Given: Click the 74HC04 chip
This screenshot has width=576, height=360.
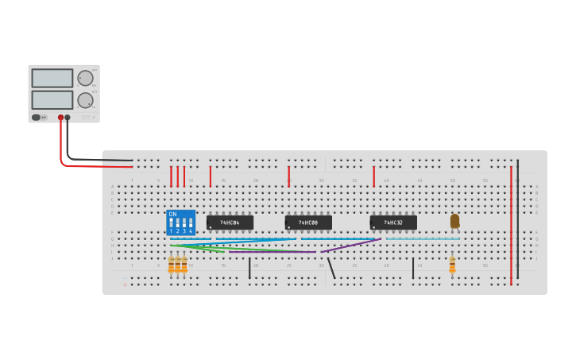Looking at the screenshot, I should (230, 223).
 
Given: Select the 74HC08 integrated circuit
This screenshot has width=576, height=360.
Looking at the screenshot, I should (308, 223).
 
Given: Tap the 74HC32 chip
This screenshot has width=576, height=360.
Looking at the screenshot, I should (393, 223).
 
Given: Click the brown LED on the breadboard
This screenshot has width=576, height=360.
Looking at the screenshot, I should (454, 221).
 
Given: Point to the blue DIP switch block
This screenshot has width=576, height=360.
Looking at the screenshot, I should (181, 222).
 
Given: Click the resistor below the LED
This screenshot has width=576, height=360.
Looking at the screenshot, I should (452, 265).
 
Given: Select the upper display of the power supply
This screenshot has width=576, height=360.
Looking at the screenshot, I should (52, 78).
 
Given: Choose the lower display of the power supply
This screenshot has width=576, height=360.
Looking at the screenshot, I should (52, 100).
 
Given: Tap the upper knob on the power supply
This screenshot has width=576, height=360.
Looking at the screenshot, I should (84, 78).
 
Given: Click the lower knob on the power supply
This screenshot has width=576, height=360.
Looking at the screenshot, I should (84, 100).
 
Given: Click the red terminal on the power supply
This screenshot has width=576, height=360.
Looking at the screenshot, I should (60, 118).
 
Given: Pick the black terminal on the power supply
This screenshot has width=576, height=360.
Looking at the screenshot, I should (68, 118).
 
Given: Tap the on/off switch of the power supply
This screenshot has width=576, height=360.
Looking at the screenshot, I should (36, 118).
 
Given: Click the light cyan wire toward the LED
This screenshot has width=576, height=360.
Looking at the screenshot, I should (421, 238).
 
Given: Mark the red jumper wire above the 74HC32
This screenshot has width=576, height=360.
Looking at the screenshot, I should (373, 176).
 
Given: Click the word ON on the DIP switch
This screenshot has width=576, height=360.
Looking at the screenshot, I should (172, 214).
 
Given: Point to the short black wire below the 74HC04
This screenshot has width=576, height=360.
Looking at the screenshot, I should (249, 268).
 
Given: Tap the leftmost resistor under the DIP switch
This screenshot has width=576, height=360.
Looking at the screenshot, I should (171, 265).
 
